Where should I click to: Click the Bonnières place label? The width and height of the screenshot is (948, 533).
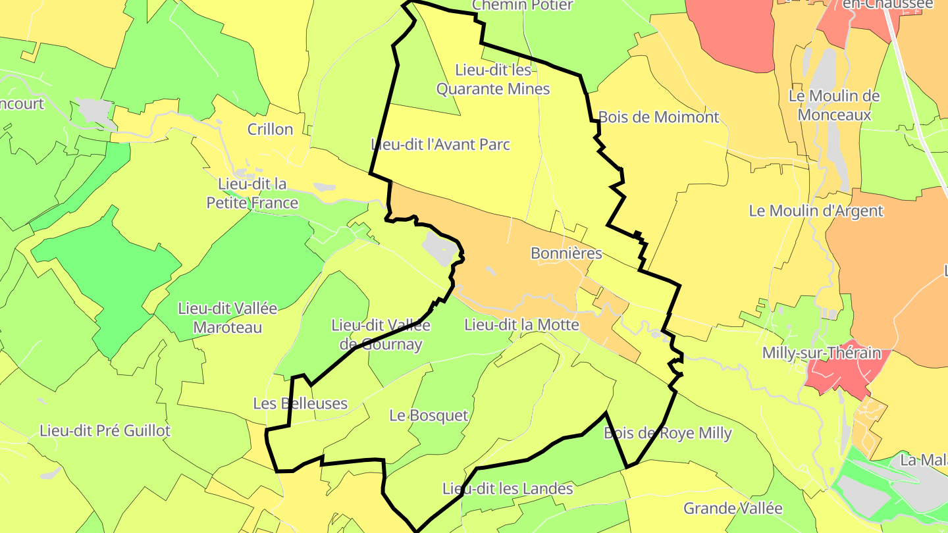pos(566,253)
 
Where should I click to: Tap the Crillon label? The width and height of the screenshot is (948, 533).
pos(270,130)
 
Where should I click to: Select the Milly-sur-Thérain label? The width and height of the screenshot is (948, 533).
pos(821,353)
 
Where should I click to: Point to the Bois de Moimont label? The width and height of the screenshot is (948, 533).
pos(658,118)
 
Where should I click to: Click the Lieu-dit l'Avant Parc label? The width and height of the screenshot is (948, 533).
pos(440,145)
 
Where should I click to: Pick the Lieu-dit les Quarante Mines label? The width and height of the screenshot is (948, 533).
pos(493,79)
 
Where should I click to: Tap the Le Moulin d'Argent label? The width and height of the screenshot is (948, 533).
pos(816,211)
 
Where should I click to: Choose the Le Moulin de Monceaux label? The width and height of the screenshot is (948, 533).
pos(833,105)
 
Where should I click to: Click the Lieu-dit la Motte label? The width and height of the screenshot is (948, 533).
pos(521,325)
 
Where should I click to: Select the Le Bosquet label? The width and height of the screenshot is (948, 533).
pos(429,416)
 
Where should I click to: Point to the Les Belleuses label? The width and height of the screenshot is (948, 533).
pos(300,403)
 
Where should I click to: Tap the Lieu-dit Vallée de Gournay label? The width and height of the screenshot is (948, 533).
pos(381,335)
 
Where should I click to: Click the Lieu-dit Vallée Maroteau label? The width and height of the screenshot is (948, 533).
pos(228,318)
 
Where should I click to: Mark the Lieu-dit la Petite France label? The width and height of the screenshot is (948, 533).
pos(252,193)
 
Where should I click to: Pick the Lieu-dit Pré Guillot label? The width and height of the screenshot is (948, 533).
pos(105,432)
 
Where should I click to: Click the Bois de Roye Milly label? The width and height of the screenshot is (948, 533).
pos(668,434)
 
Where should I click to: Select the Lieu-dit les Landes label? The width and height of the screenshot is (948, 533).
pos(508,490)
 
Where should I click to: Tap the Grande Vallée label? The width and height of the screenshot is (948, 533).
pos(733,509)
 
